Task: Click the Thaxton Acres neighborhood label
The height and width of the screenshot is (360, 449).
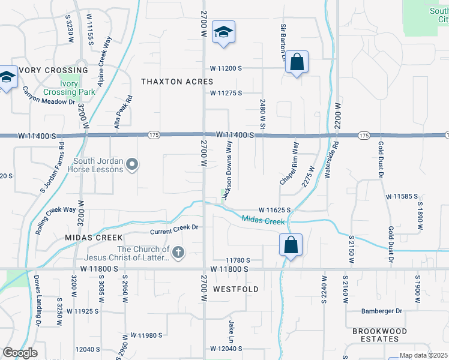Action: (177, 81)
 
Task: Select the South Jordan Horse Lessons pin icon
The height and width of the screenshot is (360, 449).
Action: (133, 164)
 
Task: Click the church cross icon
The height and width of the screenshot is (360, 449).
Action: (178, 254)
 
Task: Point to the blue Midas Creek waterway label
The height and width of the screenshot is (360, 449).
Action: (263, 221)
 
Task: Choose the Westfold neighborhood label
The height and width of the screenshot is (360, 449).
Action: (236, 289)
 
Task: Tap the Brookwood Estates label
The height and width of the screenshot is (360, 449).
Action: (379, 335)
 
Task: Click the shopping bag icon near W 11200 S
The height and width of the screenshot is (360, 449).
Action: (297, 62)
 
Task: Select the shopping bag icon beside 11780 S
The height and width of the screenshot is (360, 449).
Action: (291, 245)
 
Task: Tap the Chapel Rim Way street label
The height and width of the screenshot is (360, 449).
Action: (288, 164)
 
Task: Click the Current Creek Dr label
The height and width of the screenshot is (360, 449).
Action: (174, 228)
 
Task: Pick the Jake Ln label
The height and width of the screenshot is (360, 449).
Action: (231, 328)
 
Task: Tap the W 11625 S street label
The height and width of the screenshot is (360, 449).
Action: (275, 210)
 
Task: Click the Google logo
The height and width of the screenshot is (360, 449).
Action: (20, 353)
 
